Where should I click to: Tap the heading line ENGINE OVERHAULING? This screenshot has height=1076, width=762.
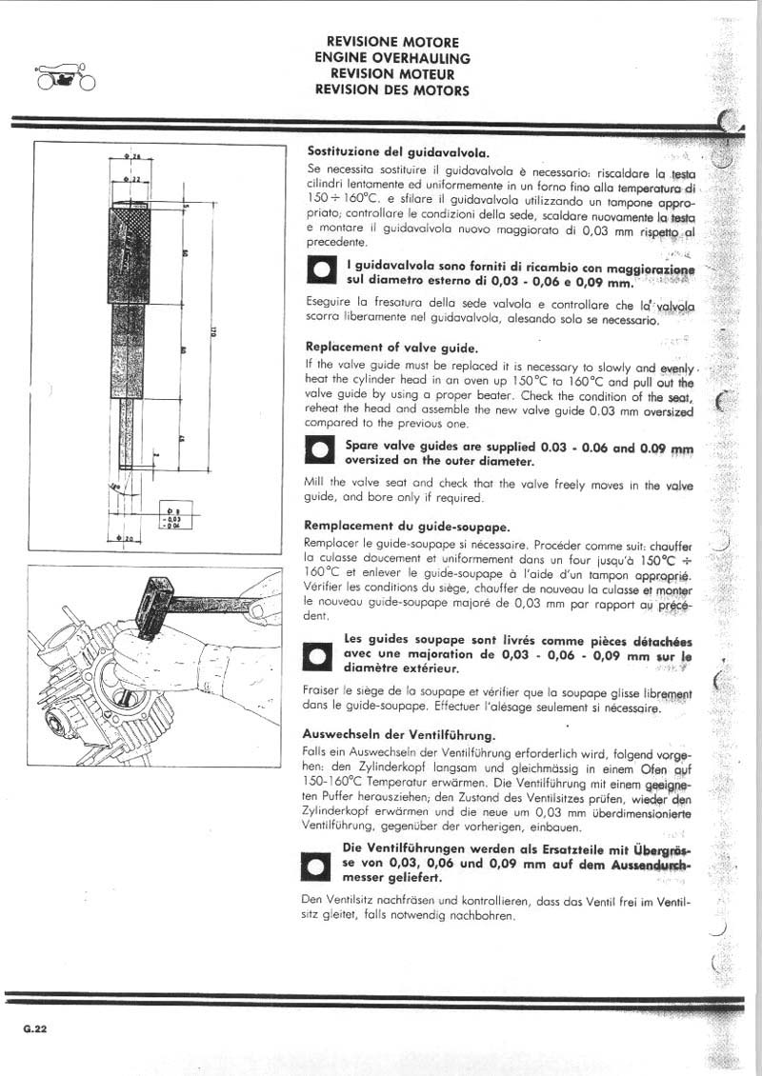[391, 58]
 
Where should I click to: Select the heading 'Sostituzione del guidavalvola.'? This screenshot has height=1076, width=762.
[398, 150]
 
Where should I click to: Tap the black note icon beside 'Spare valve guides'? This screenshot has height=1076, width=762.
[320, 451]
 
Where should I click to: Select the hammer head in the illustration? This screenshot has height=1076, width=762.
[152, 608]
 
